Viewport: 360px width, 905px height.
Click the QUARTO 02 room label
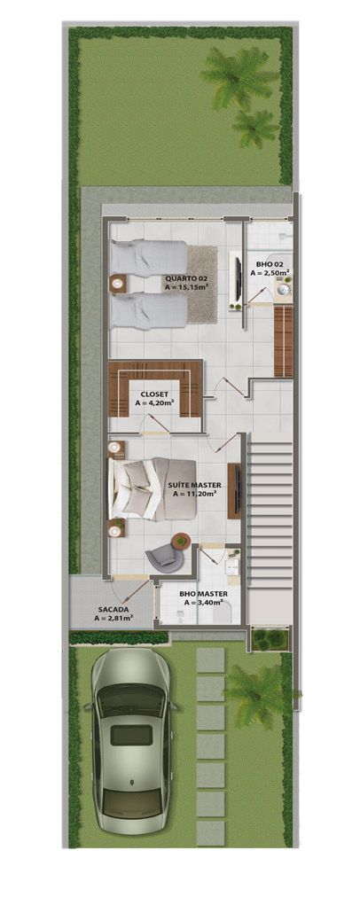[185, 277]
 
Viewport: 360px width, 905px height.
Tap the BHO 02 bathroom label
[269, 264]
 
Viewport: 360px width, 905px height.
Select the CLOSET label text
[154, 393]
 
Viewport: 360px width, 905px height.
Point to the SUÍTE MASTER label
[193, 485]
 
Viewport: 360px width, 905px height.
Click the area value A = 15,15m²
[186, 287]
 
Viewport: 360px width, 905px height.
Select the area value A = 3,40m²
[205, 604]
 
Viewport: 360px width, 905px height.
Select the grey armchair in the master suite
[164, 557]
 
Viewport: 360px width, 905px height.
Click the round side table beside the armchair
[182, 540]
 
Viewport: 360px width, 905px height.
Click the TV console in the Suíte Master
[233, 490]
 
